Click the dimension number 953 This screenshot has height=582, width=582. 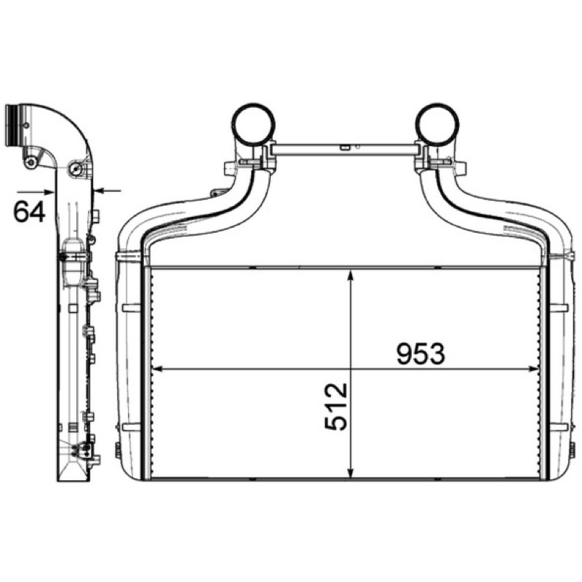coord(420,354)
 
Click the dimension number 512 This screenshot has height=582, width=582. coord(336,407)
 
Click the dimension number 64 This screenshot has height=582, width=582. coord(29,212)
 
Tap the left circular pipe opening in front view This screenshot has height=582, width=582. coord(253,124)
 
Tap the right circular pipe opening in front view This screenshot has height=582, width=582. coord(437,124)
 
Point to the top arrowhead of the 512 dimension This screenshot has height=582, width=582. coord(351,276)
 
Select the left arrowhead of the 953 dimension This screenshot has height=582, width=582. coord(159,369)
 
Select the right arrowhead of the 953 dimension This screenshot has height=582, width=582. coord(532,369)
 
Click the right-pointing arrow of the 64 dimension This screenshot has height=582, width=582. coord(36,192)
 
